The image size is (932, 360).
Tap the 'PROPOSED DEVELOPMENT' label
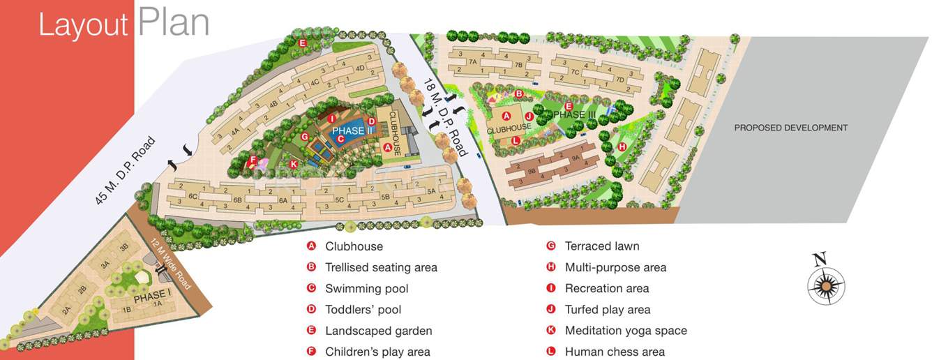click(790, 128)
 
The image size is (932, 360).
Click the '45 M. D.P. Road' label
click(126, 170)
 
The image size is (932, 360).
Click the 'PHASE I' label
click(153, 297)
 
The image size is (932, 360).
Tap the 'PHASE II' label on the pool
click(348, 130)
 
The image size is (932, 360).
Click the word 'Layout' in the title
click(83, 25)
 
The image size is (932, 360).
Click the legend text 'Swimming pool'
click(367, 289)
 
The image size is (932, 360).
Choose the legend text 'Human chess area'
click(615, 352)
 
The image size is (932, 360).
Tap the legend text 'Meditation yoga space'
click(626, 331)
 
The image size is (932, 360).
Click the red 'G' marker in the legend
click(550, 246)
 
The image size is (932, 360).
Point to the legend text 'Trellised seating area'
click(381, 267)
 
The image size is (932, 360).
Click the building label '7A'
click(472, 62)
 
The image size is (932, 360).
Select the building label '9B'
click(532, 170)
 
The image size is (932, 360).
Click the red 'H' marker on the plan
click(622, 147)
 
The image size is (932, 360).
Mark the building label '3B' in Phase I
click(124, 248)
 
